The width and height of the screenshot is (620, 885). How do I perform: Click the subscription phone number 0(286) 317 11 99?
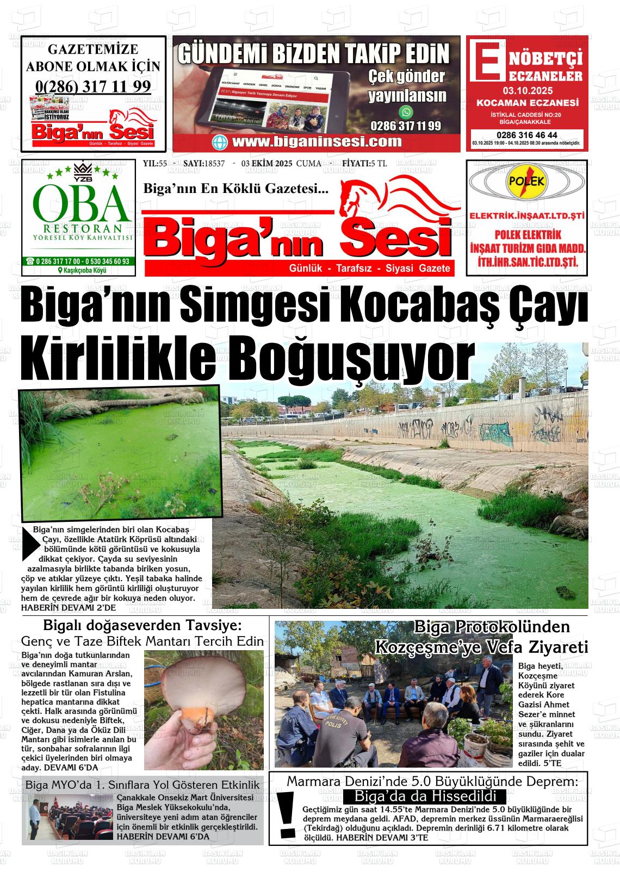coord(93,86)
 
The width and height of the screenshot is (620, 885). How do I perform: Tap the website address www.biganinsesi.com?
coord(317,142)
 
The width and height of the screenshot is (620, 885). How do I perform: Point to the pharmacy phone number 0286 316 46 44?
coord(526,135)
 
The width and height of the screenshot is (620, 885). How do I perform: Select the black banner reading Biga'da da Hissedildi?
coord(425,796)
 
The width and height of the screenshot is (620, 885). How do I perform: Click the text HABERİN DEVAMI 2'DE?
coord(69,607)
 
